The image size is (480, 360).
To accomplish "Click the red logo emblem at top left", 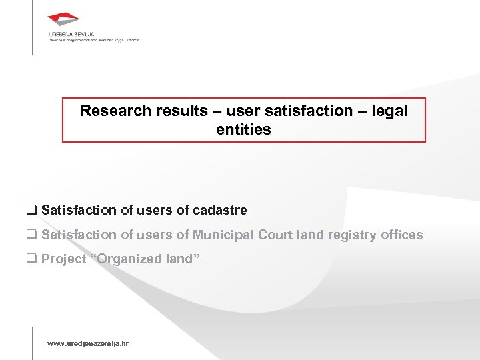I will click(x=64, y=21).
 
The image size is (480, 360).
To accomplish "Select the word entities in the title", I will click(x=243, y=129).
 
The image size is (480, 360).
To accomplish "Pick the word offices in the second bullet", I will click(x=401, y=235).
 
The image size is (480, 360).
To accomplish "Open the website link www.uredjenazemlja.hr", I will click(x=87, y=343).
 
